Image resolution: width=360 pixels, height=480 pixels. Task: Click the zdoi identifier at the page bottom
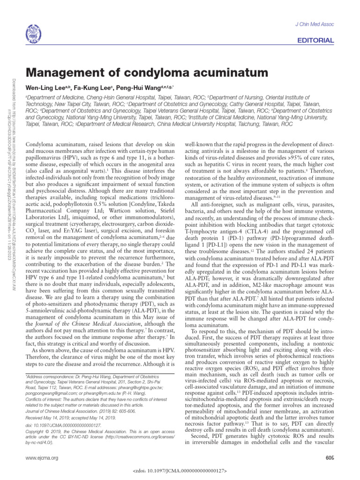[180, 470]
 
